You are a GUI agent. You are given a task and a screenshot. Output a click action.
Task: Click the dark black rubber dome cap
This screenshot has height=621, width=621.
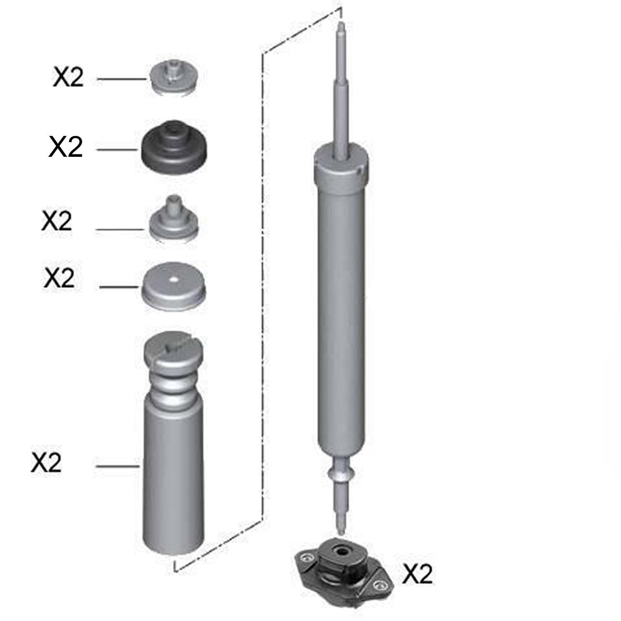pyautogui.click(x=173, y=150)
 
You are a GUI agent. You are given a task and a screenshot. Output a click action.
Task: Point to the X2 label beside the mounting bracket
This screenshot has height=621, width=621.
pyautogui.click(x=417, y=574)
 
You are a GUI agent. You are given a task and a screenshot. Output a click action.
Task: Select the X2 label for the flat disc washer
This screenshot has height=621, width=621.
pyautogui.click(x=59, y=278)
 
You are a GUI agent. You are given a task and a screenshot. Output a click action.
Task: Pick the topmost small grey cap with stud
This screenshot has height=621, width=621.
pyautogui.click(x=173, y=78)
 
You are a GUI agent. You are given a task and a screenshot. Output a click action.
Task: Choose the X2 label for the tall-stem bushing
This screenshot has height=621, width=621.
pyautogui.click(x=57, y=221)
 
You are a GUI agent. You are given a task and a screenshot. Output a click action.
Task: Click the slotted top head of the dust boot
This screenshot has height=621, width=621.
pyautogui.click(x=173, y=347)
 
